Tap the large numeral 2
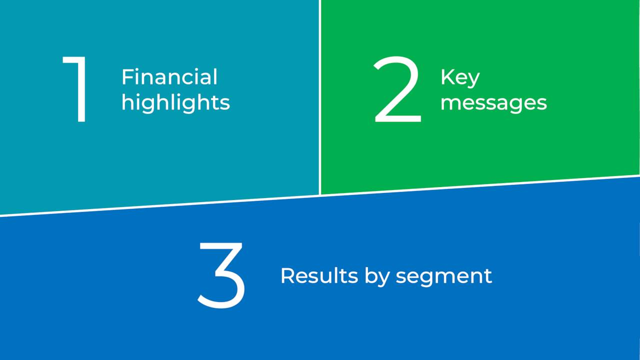point(397,90)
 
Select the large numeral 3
point(221,275)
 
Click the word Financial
point(169,77)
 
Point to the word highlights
point(175,102)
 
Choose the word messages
point(493,102)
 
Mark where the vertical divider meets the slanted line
point(319,195)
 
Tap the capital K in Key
point(445,77)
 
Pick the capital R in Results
point(286,275)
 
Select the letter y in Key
point(473,80)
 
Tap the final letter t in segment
point(488,276)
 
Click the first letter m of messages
point(449,104)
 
